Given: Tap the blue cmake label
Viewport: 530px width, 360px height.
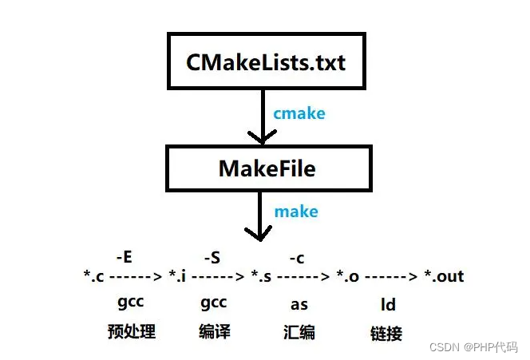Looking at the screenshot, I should [x=299, y=113].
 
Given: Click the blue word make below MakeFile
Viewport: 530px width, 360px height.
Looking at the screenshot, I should [x=296, y=212].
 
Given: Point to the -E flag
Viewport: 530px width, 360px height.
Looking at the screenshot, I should [x=124, y=257].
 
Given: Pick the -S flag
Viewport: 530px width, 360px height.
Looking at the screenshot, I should [x=212, y=257].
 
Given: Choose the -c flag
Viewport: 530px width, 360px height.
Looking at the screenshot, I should [x=295, y=257].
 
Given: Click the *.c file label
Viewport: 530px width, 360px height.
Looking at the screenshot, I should [x=94, y=277].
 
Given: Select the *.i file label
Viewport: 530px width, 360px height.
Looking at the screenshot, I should [x=176, y=277].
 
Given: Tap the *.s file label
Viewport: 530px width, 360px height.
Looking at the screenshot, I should [x=260, y=277].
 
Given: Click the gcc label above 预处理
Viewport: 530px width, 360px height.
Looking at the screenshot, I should [x=131, y=303].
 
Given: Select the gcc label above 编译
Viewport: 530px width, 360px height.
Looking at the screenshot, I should [x=213, y=303].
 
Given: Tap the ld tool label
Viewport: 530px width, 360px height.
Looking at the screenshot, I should [x=387, y=304].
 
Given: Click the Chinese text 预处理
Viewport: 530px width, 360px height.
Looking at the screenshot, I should [x=131, y=331].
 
